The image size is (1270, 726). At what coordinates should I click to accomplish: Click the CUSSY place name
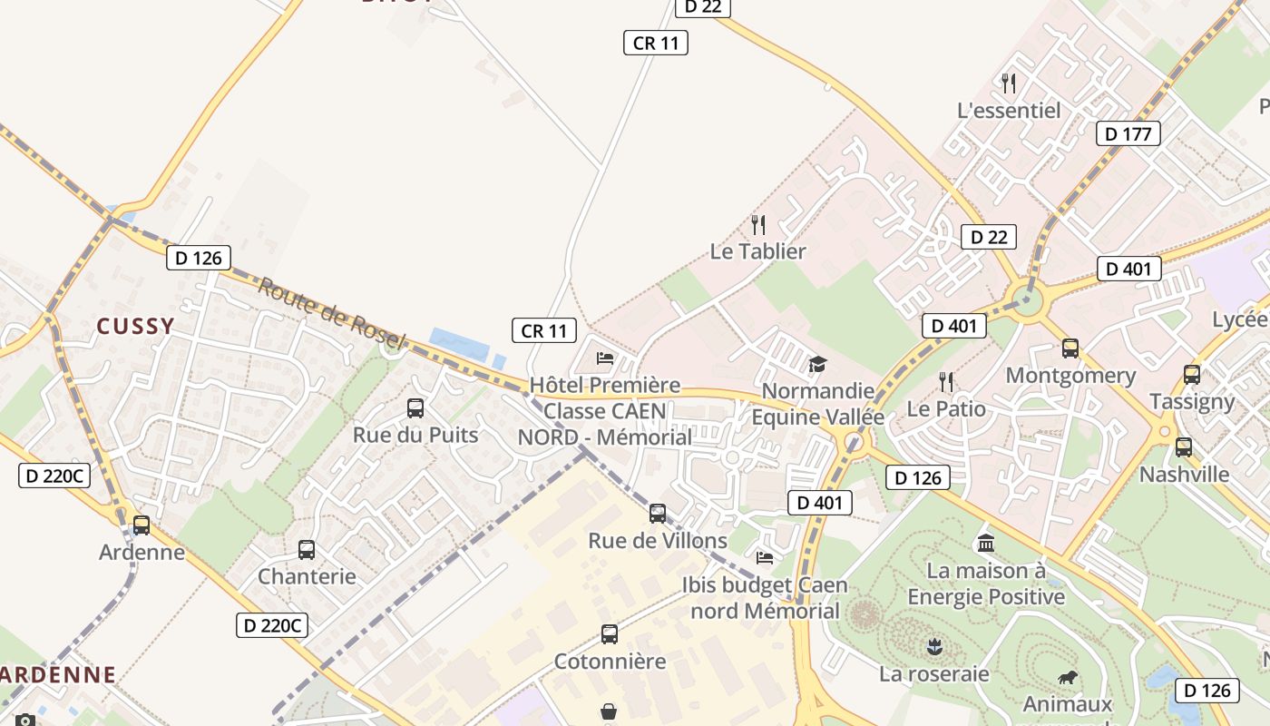pos(135,327)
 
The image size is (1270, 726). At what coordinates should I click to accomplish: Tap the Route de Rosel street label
pos(331,313)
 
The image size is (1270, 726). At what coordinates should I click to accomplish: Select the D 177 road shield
pos(1128,134)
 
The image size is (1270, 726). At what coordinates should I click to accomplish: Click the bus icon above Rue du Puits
pos(415,408)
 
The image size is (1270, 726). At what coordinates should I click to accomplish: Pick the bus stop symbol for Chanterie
pos(307,550)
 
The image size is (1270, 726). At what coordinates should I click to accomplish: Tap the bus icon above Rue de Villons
pos(658,514)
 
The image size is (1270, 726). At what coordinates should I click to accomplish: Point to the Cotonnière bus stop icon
pos(610,634)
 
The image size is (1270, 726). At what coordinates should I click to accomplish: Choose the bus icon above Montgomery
pos(1070,348)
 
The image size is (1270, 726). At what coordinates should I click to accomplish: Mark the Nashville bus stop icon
pos(1184,447)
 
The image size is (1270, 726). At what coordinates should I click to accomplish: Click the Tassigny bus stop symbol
pos(1192,374)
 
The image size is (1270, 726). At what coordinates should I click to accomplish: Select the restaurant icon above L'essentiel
pos(1009,83)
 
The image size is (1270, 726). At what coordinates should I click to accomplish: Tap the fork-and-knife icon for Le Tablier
pos(758,224)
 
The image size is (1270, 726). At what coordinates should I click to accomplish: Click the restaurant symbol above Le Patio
pos(946,381)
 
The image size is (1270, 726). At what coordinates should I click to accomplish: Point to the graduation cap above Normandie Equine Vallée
pos(818,365)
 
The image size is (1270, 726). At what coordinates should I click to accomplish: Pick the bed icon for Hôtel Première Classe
pos(605,358)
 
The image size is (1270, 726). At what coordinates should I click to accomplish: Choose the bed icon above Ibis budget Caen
pos(765,557)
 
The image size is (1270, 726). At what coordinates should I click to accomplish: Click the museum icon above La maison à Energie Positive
pos(986,544)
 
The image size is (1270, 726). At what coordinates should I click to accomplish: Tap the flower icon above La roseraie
pos(933,647)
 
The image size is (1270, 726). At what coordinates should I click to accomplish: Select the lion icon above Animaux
pos(1069,678)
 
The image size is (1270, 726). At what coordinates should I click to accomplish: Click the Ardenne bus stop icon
pos(142,525)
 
